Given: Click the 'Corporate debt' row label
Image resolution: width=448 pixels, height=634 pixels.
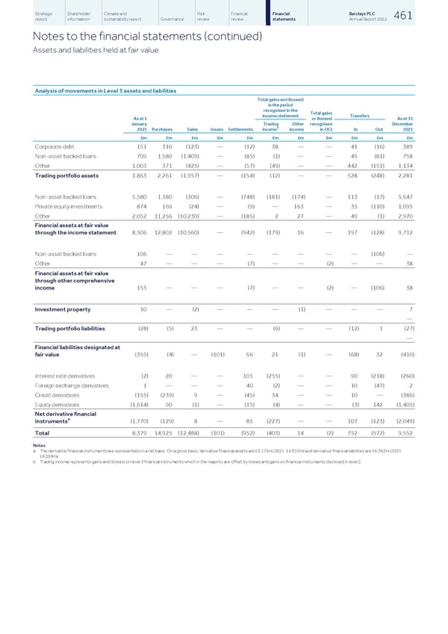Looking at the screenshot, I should pos(56,146).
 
